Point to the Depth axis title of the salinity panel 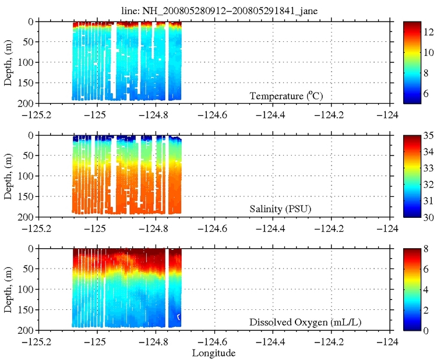9,175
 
